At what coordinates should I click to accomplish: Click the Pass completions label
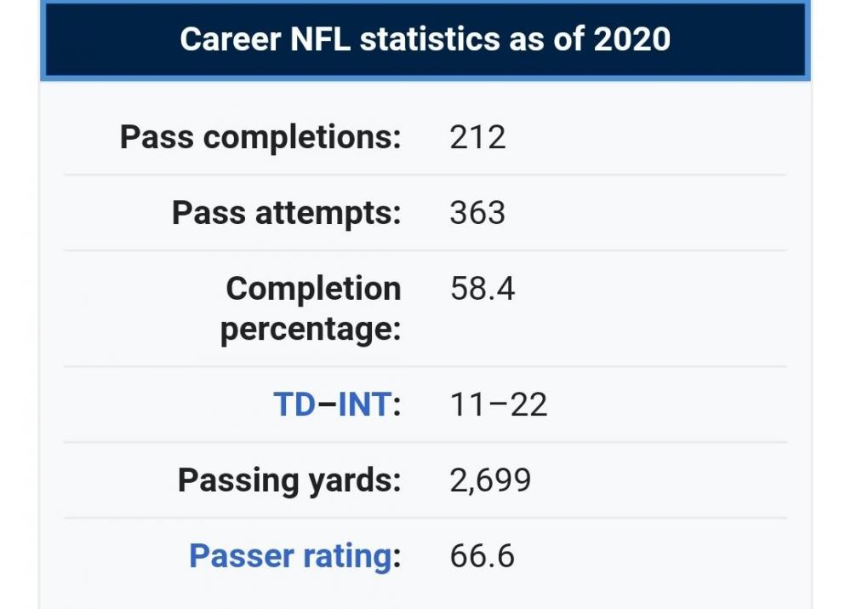tap(260, 137)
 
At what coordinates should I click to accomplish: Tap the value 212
tap(477, 137)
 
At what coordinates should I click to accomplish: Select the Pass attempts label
tap(286, 213)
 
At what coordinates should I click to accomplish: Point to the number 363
tap(477, 213)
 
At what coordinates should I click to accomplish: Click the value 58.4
tap(483, 289)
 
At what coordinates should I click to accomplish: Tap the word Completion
tap(313, 289)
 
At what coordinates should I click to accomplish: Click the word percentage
tap(311, 329)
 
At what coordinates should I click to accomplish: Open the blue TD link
tap(294, 405)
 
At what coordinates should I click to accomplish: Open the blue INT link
tap(365, 405)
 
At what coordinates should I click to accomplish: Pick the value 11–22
tap(499, 405)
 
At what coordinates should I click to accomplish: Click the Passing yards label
tap(288, 480)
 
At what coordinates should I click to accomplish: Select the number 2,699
tap(490, 480)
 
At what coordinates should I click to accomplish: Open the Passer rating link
tap(289, 556)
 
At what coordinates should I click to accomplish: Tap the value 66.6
tap(483, 556)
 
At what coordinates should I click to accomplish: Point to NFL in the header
tap(323, 39)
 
